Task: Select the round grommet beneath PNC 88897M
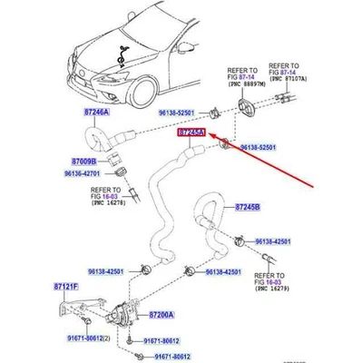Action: point(247,102)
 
